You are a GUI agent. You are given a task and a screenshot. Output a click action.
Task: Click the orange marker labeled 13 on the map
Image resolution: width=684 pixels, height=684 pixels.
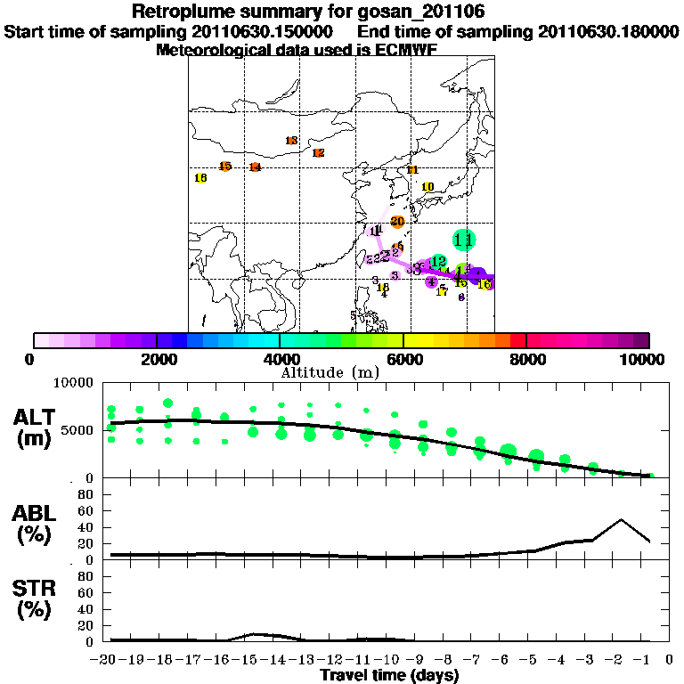291,141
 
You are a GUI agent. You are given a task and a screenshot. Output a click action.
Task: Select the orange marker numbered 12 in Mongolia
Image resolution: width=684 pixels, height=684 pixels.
318,153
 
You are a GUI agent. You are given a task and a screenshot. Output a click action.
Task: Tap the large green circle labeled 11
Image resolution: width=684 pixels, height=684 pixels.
463,239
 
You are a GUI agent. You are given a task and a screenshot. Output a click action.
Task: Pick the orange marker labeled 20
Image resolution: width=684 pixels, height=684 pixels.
397,222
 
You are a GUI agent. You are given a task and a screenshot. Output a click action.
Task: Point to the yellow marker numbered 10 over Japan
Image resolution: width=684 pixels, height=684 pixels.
427,186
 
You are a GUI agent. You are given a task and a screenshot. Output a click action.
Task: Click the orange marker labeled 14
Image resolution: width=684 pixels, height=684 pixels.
255,167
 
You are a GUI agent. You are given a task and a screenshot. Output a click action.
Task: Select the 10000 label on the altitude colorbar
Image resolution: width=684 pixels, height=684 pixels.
642,359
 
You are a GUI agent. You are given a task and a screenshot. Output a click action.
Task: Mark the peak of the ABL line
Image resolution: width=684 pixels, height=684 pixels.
621,519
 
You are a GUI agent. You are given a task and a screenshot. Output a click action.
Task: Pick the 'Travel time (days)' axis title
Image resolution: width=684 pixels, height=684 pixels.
389,675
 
